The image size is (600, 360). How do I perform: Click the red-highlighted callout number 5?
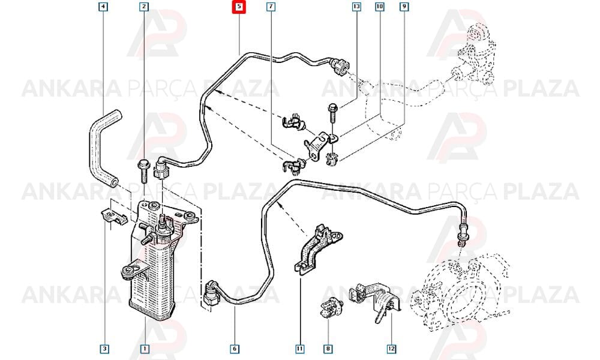point(239,7)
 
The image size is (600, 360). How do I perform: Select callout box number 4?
point(103,7)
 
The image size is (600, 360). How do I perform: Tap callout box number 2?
point(143,7)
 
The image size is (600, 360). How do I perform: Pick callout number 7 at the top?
point(271,7)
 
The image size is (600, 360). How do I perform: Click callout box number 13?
point(356,7)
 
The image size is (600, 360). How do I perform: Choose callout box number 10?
point(379,7)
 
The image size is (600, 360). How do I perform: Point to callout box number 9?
point(404,7)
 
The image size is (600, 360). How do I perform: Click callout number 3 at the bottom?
point(104,349)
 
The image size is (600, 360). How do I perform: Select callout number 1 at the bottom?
point(145,349)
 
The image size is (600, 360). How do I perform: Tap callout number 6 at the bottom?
point(235,349)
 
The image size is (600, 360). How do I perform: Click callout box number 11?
point(299,349)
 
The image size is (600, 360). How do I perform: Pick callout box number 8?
point(328,349)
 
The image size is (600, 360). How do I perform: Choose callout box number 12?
point(391,349)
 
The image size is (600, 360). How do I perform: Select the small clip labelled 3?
point(114,217)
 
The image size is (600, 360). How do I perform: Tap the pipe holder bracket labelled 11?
point(317,248)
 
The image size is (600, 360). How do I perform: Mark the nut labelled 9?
point(332,158)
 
